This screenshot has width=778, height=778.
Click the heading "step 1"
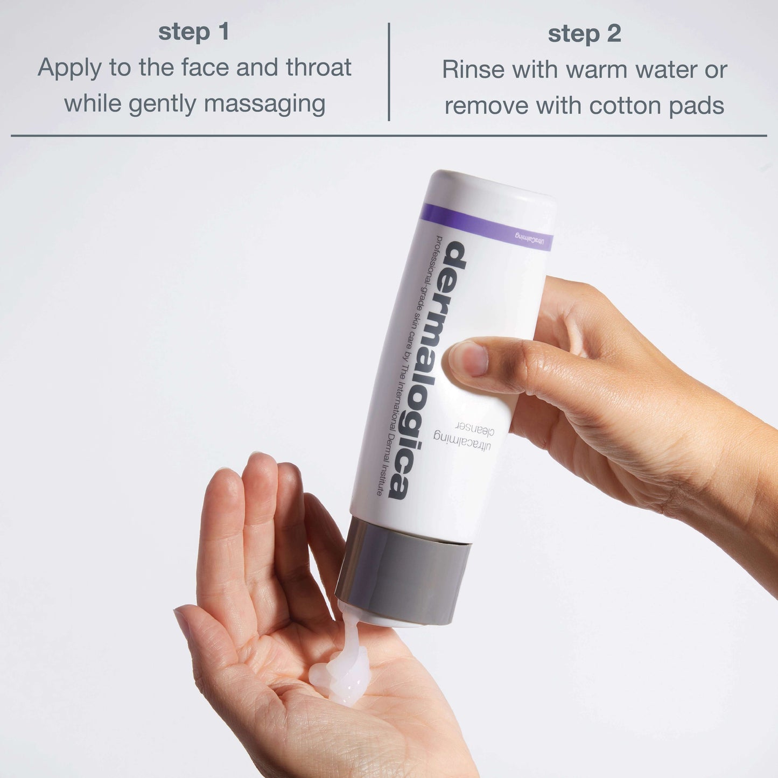(193, 33)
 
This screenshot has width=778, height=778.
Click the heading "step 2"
(584, 34)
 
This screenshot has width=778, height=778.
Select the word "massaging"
(264, 104)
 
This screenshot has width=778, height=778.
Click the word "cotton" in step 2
(625, 106)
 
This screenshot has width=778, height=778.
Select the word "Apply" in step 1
(69, 68)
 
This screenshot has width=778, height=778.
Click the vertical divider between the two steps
(388, 72)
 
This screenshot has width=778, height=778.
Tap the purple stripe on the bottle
(485, 227)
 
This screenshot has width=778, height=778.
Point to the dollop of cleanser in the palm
(339, 666)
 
